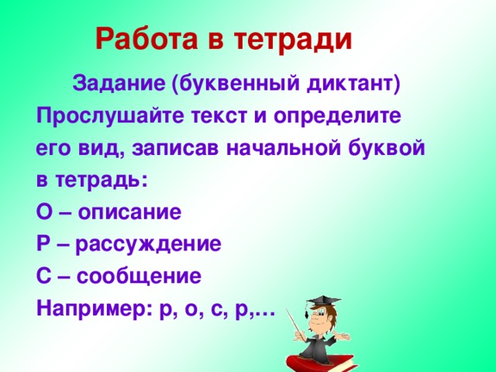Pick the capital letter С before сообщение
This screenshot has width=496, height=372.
click(43, 277)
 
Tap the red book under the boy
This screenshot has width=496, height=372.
click(318, 360)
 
